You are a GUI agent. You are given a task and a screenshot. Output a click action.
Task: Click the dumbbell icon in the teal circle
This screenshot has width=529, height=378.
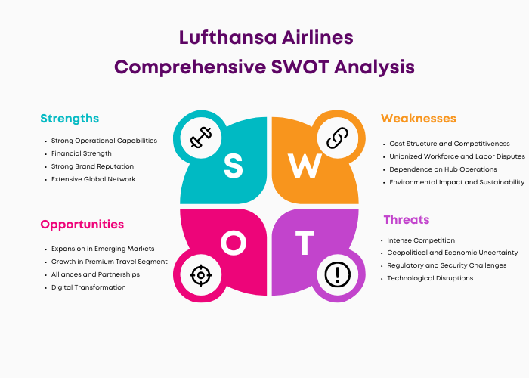201,138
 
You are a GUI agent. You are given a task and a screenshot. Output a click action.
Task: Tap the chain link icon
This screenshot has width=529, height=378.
337,138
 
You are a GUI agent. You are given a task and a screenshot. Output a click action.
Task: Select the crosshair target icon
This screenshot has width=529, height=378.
201,275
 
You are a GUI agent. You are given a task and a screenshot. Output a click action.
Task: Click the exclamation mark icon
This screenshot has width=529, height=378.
337,274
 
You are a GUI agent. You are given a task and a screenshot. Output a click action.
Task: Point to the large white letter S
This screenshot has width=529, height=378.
233,166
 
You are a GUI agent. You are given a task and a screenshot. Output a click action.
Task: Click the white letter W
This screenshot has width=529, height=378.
305,166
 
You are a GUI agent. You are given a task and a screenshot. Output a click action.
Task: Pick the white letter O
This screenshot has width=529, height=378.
234,243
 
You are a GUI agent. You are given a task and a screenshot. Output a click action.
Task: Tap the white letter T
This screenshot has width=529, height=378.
305,243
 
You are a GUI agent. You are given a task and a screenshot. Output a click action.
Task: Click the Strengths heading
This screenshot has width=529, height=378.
70,119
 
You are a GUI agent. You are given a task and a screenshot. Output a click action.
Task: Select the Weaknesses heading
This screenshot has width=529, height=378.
419,119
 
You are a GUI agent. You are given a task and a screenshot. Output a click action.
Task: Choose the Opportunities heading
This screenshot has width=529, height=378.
82,225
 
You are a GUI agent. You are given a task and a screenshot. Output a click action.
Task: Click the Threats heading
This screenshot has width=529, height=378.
407,220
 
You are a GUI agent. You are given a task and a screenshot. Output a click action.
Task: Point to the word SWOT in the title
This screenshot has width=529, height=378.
300,67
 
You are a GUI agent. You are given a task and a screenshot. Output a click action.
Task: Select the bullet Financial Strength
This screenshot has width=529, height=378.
82,153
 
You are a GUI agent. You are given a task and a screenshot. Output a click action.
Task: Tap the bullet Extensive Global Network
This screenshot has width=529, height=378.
93,179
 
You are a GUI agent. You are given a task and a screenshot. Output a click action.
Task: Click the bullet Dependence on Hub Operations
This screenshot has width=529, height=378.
443,169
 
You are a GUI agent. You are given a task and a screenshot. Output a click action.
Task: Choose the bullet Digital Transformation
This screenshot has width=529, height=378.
88,287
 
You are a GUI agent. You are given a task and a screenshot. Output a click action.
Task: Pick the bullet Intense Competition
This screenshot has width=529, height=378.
421,240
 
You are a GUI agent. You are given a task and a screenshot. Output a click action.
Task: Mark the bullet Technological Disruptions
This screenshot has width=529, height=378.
430,278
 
